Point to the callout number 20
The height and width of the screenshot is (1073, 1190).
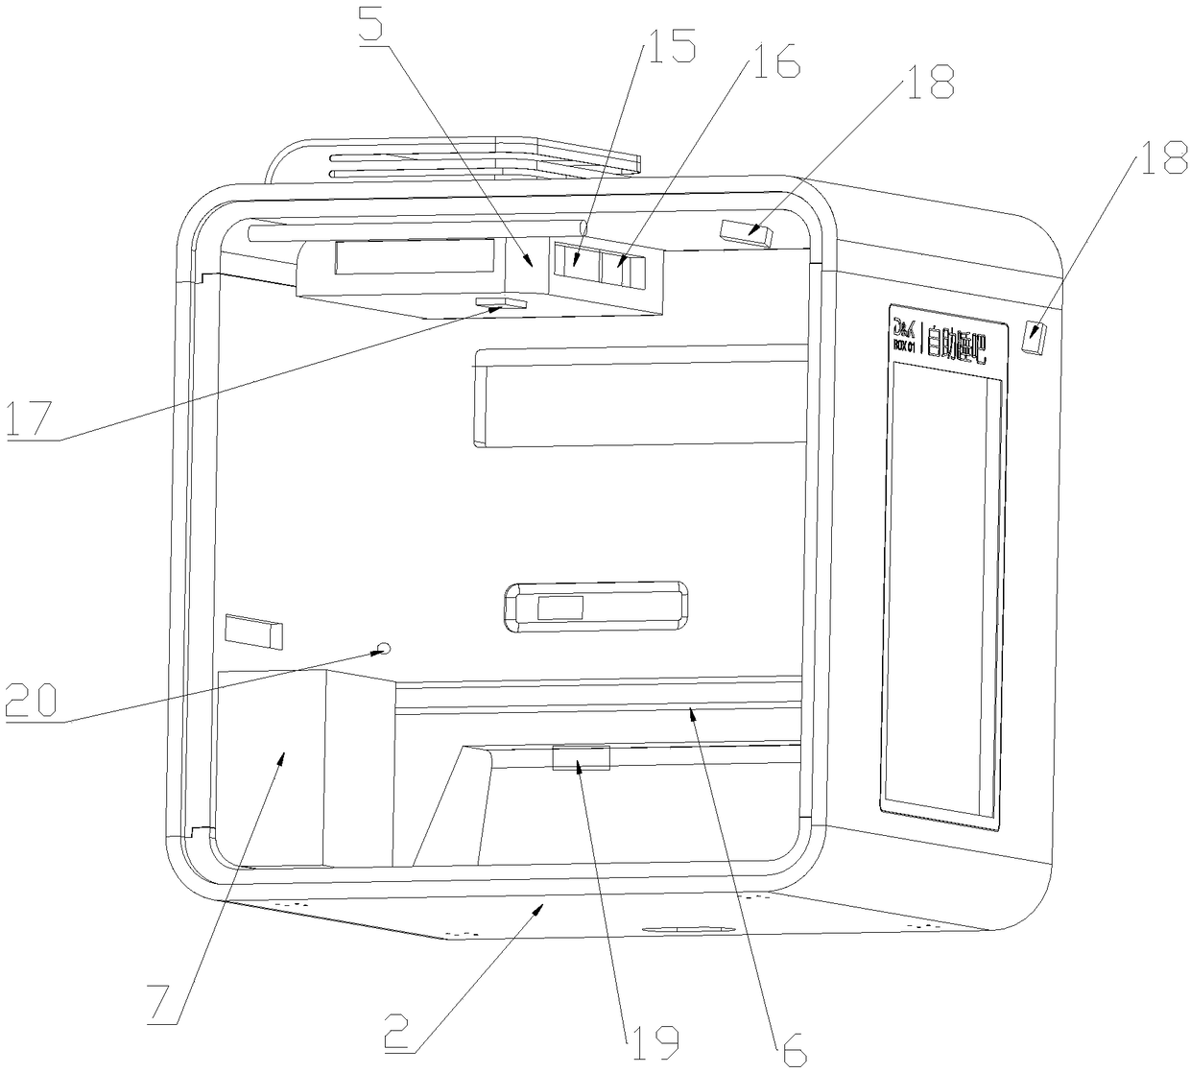click(31, 700)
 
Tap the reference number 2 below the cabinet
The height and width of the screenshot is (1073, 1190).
click(401, 1033)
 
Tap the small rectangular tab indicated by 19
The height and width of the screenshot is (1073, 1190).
click(582, 759)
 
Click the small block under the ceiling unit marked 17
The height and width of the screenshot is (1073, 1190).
click(502, 303)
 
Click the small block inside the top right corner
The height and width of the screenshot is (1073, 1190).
click(747, 232)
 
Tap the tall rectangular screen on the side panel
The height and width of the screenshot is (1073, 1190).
click(944, 590)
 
